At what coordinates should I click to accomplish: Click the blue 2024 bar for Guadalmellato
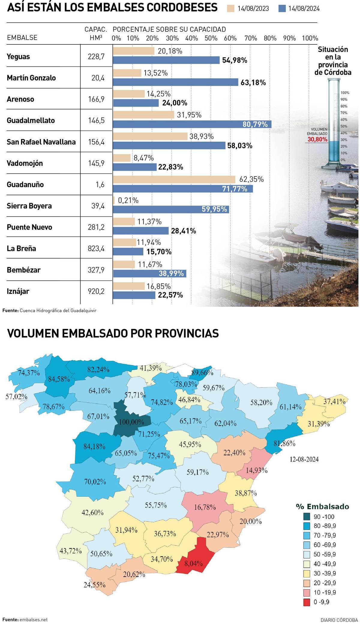click(192, 124)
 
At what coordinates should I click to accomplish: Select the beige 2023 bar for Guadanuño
click(174, 179)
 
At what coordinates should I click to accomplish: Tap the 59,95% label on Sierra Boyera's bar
click(214, 209)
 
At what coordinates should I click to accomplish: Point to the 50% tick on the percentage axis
click(211, 38)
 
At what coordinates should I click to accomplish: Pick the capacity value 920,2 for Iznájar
click(96, 291)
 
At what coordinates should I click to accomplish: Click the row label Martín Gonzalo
click(31, 78)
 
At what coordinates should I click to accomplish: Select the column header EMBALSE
click(22, 38)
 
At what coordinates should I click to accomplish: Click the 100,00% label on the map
click(131, 422)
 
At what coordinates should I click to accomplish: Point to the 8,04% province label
click(193, 563)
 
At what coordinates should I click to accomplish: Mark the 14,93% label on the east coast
click(256, 470)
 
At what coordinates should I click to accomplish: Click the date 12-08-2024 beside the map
click(304, 459)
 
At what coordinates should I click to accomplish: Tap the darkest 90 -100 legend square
click(307, 517)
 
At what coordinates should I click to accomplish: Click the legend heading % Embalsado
click(322, 507)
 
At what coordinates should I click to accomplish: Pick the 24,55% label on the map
click(94, 585)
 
